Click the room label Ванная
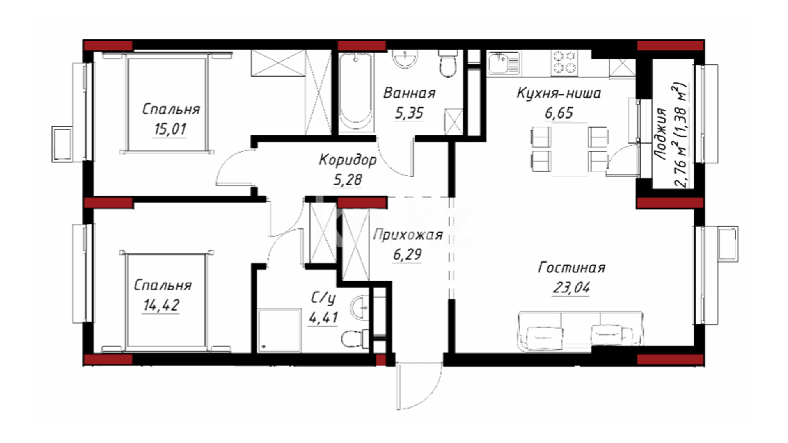pyautogui.click(x=409, y=93)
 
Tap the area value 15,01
pyautogui.click(x=170, y=129)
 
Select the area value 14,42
pyautogui.click(x=161, y=305)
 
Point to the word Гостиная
pyautogui.click(x=571, y=268)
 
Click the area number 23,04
pyautogui.click(x=571, y=288)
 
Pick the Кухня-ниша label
pyautogui.click(x=559, y=93)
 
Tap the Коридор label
pyautogui.click(x=348, y=160)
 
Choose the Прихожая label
pyautogui.click(x=408, y=235)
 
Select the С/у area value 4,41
pyautogui.click(x=323, y=317)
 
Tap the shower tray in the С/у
pyautogui.click(x=279, y=331)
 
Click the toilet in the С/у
pyautogui.click(x=355, y=338)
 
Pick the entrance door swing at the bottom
pyautogui.click(x=419, y=386)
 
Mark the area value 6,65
pyautogui.click(x=559, y=113)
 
